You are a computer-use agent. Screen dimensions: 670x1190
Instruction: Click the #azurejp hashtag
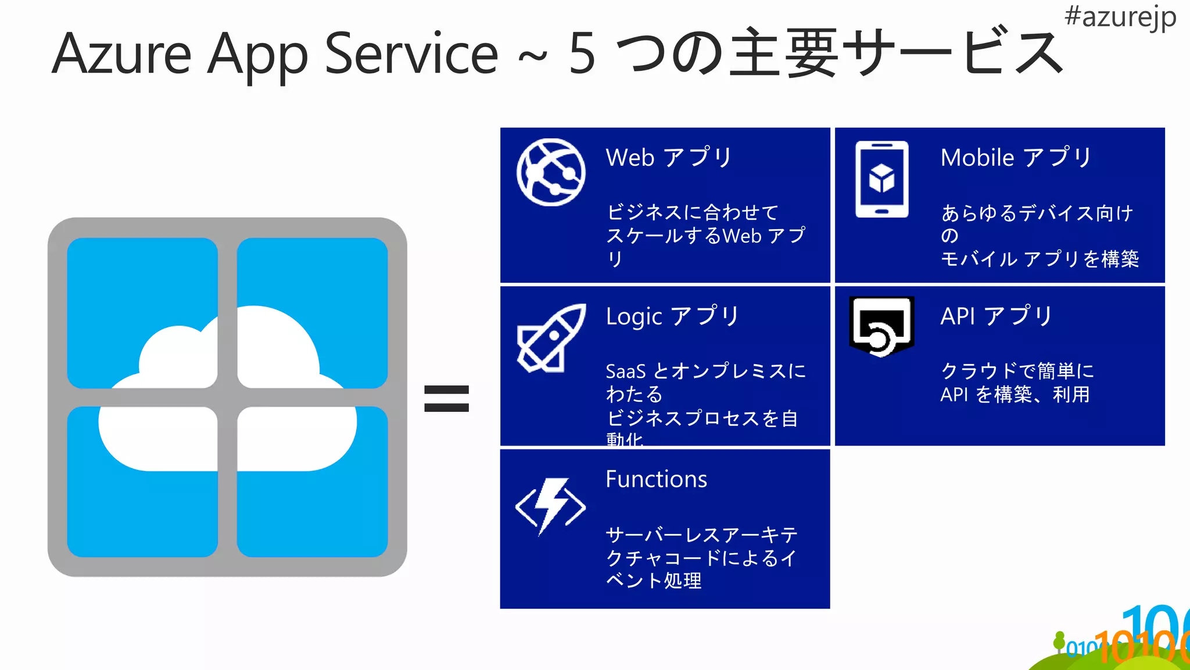coord(1120,17)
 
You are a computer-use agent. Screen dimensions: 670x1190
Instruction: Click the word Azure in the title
coord(122,54)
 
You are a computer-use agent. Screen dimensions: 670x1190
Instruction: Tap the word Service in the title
coord(411,54)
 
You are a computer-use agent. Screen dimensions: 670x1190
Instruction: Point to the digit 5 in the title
coord(582,54)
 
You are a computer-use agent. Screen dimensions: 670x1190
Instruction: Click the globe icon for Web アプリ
coord(551,172)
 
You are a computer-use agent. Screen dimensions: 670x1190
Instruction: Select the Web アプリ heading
coord(669,158)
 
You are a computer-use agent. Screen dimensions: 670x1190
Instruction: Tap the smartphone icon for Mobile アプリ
coord(881,179)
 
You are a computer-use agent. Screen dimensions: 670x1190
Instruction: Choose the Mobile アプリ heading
coord(1016,158)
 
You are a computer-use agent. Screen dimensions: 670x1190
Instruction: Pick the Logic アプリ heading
coord(672,316)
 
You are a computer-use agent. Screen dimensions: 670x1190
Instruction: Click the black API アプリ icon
coord(881,326)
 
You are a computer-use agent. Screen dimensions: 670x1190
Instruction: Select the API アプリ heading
coord(997,316)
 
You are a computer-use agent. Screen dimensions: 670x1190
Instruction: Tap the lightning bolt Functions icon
coord(550,505)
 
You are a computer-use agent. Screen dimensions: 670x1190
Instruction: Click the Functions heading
coord(656,479)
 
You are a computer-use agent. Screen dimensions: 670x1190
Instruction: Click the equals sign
coord(446,399)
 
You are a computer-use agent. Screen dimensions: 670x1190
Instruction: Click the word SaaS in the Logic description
coord(625,371)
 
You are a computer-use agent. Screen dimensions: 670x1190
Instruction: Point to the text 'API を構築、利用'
coord(1015,394)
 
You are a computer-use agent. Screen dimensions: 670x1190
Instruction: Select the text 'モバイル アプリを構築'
coord(1040,259)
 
